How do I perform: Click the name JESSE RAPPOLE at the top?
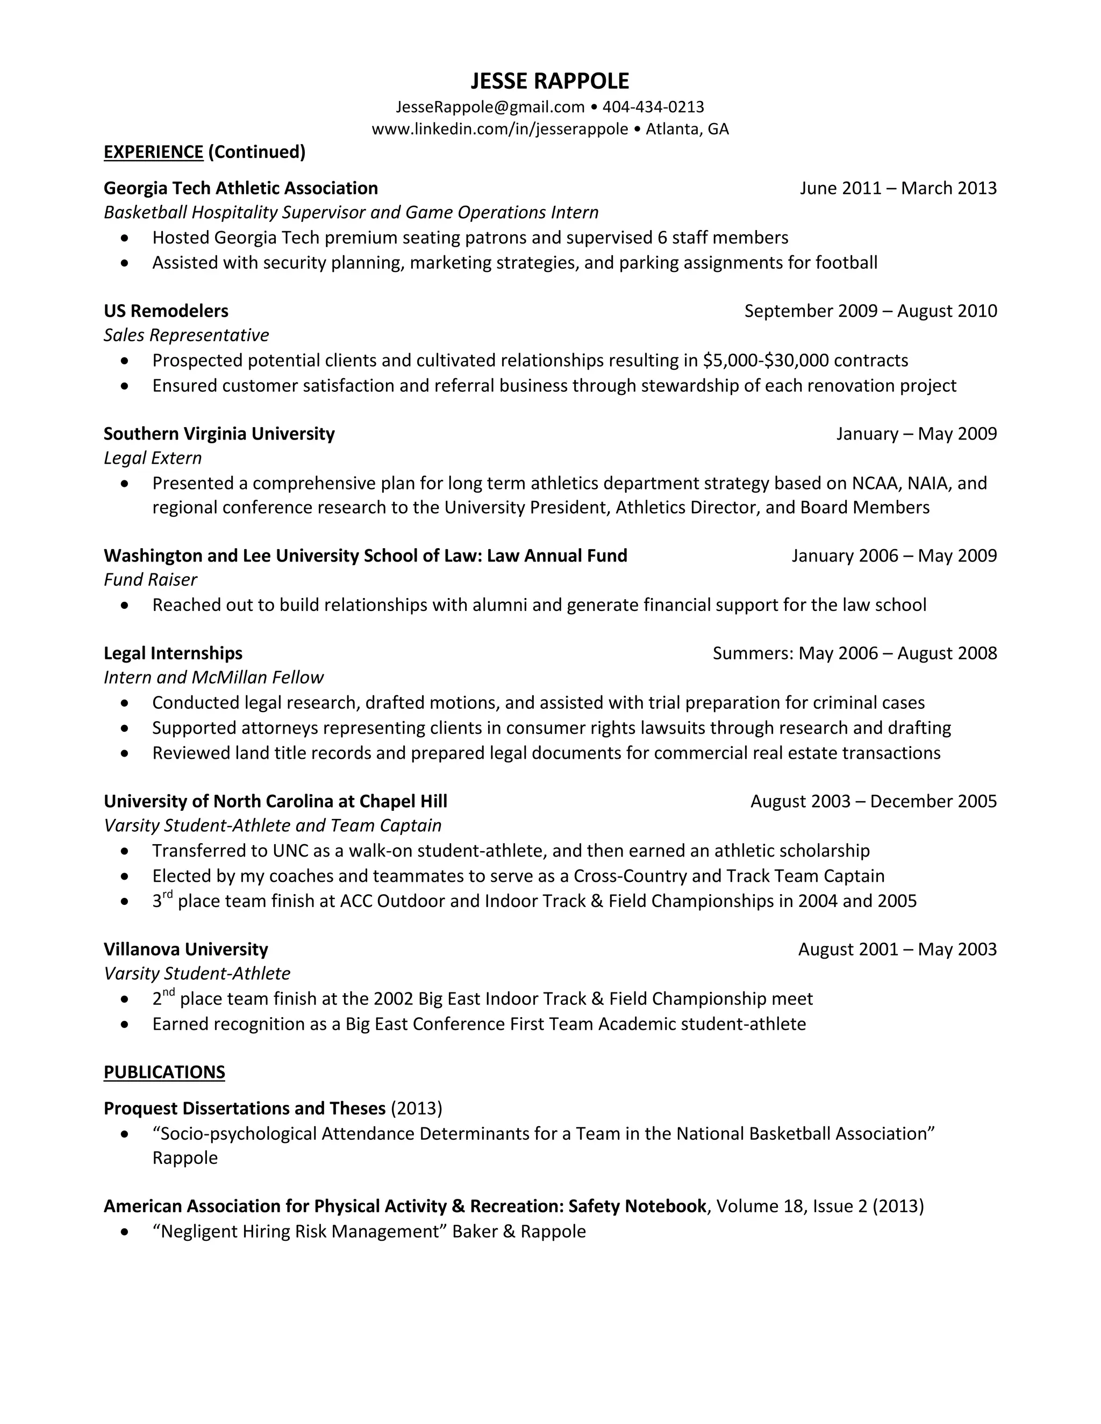550,81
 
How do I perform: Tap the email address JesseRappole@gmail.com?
490,107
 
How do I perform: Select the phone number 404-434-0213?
653,107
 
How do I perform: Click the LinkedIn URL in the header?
499,129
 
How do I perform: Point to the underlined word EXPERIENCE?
153,152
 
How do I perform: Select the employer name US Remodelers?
166,311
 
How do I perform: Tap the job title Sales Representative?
186,335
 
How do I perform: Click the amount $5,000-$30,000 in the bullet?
766,361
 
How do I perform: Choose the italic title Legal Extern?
153,458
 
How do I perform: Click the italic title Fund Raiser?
150,580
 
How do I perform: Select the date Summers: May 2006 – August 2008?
854,653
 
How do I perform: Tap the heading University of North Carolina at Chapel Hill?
275,801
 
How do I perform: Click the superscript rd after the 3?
168,895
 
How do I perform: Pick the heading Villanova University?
186,950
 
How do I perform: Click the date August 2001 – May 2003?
897,950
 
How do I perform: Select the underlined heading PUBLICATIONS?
165,1073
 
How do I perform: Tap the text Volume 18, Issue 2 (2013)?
820,1207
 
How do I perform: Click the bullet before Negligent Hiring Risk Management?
125,1232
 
